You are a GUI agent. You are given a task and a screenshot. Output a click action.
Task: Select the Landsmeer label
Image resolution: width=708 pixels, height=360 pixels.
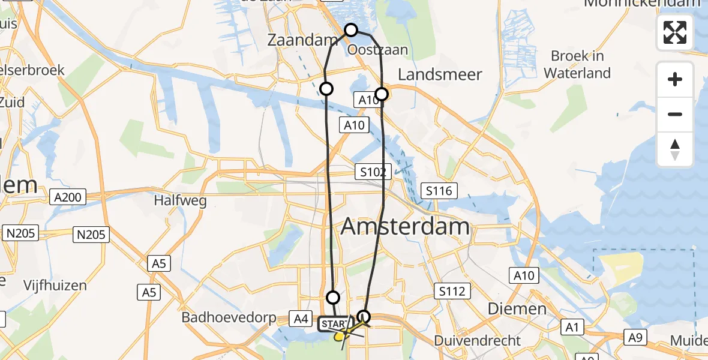coord(440,74)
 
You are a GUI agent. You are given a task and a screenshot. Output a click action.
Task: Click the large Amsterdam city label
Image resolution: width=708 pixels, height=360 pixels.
coord(406,227)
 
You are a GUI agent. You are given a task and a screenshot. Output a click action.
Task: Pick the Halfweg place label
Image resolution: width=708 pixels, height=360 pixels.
coord(181,200)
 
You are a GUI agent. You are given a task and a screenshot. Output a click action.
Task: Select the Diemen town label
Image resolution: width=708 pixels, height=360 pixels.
coord(508,309)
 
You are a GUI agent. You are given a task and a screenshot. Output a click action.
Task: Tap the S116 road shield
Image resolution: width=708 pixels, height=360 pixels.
coord(439,191)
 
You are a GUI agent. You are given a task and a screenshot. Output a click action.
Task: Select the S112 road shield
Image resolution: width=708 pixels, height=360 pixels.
coord(451,292)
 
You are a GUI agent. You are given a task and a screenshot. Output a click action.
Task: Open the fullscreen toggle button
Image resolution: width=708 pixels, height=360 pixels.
coord(675,32)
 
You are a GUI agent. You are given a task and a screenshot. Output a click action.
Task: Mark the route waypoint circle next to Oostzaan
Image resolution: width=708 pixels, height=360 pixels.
coord(351,30)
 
